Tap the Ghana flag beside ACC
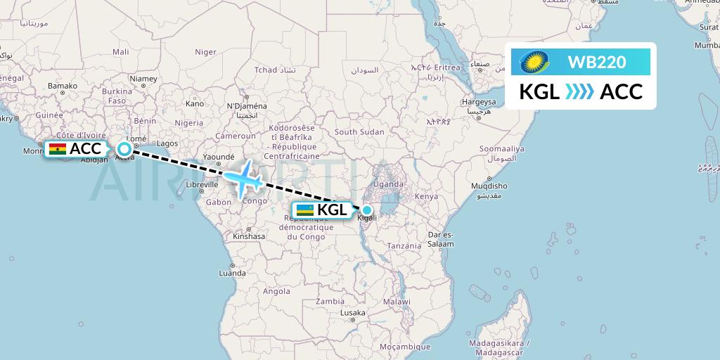[x=58, y=149]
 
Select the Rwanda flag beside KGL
[x=305, y=210]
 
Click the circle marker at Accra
[x=124, y=148]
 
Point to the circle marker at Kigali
[x=366, y=210]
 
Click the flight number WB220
[x=597, y=63]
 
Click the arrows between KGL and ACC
[x=580, y=91]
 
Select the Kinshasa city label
[x=249, y=236]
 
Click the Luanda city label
[x=232, y=272]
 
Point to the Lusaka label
[x=352, y=312]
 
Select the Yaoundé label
[x=219, y=156]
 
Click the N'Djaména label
[x=244, y=106]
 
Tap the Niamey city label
[x=143, y=79]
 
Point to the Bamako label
[x=62, y=86]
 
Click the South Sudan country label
[x=359, y=131]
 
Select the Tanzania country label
[x=404, y=245]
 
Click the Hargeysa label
[x=479, y=102]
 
